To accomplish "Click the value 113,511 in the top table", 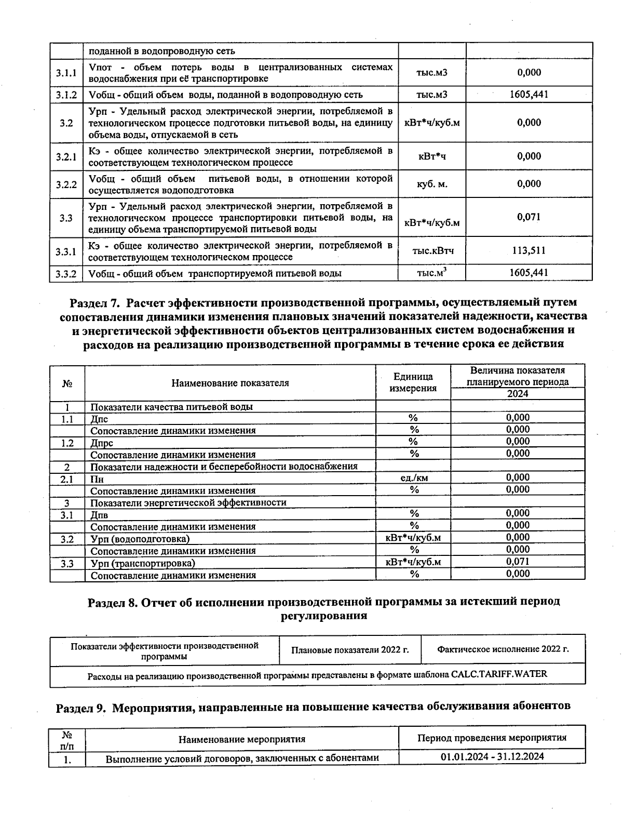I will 529,251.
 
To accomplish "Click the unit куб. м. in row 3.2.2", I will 432,184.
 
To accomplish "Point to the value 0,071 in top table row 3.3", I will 529,217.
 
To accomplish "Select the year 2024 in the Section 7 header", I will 518,393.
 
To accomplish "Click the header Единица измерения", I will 413,382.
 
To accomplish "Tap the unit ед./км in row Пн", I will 414,478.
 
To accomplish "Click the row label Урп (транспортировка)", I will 143,563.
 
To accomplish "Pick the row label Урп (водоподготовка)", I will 140,539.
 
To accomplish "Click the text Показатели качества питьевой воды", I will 171,407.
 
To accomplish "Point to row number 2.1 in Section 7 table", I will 67,479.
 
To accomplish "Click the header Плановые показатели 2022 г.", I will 350,650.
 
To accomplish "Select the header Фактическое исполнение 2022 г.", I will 503,649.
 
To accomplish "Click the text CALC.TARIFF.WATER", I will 499,674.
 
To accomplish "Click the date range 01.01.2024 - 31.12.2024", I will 492,756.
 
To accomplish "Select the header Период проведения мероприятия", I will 492,738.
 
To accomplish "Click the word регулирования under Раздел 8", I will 323,616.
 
